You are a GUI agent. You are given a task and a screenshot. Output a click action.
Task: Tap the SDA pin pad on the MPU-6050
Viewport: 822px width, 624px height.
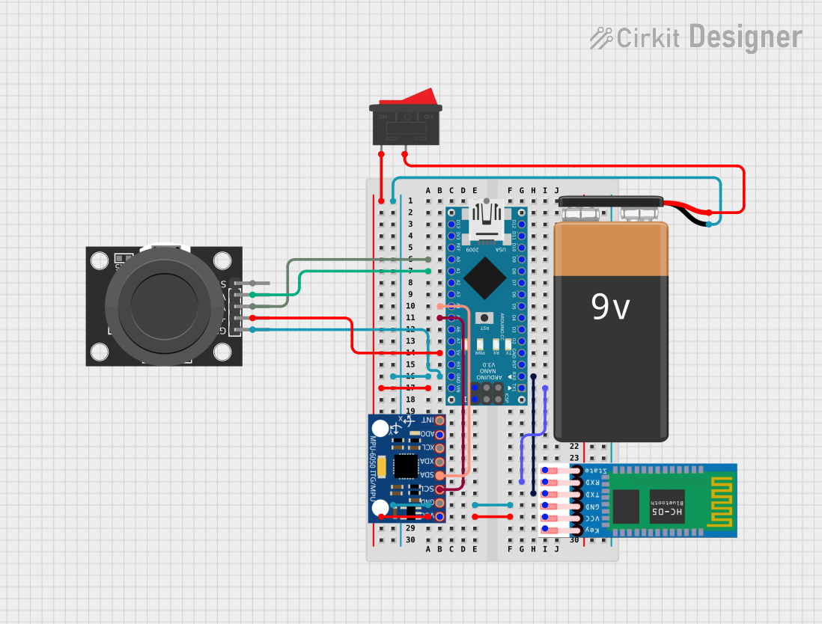[439, 475]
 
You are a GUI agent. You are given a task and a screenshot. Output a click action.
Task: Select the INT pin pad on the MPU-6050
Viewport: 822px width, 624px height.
[439, 420]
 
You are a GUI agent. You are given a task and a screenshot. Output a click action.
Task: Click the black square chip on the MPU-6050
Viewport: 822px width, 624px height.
[406, 465]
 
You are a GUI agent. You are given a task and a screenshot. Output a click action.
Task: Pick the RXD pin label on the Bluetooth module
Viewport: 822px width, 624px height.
[592, 482]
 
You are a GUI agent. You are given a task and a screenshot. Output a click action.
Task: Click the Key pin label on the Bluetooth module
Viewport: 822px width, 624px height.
[592, 530]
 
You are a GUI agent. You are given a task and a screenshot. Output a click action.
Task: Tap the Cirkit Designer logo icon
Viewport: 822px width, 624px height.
[601, 37]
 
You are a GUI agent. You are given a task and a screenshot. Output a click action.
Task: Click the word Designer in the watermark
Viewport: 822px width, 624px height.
[745, 37]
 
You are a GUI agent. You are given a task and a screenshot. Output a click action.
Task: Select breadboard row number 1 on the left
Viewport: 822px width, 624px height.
[410, 201]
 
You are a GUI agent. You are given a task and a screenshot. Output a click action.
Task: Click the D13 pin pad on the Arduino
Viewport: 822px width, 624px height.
[451, 224]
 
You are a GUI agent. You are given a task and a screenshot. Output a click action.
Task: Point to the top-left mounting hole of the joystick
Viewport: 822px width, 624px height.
[100, 261]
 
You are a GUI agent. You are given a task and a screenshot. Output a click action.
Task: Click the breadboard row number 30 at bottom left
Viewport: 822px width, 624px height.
[410, 539]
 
